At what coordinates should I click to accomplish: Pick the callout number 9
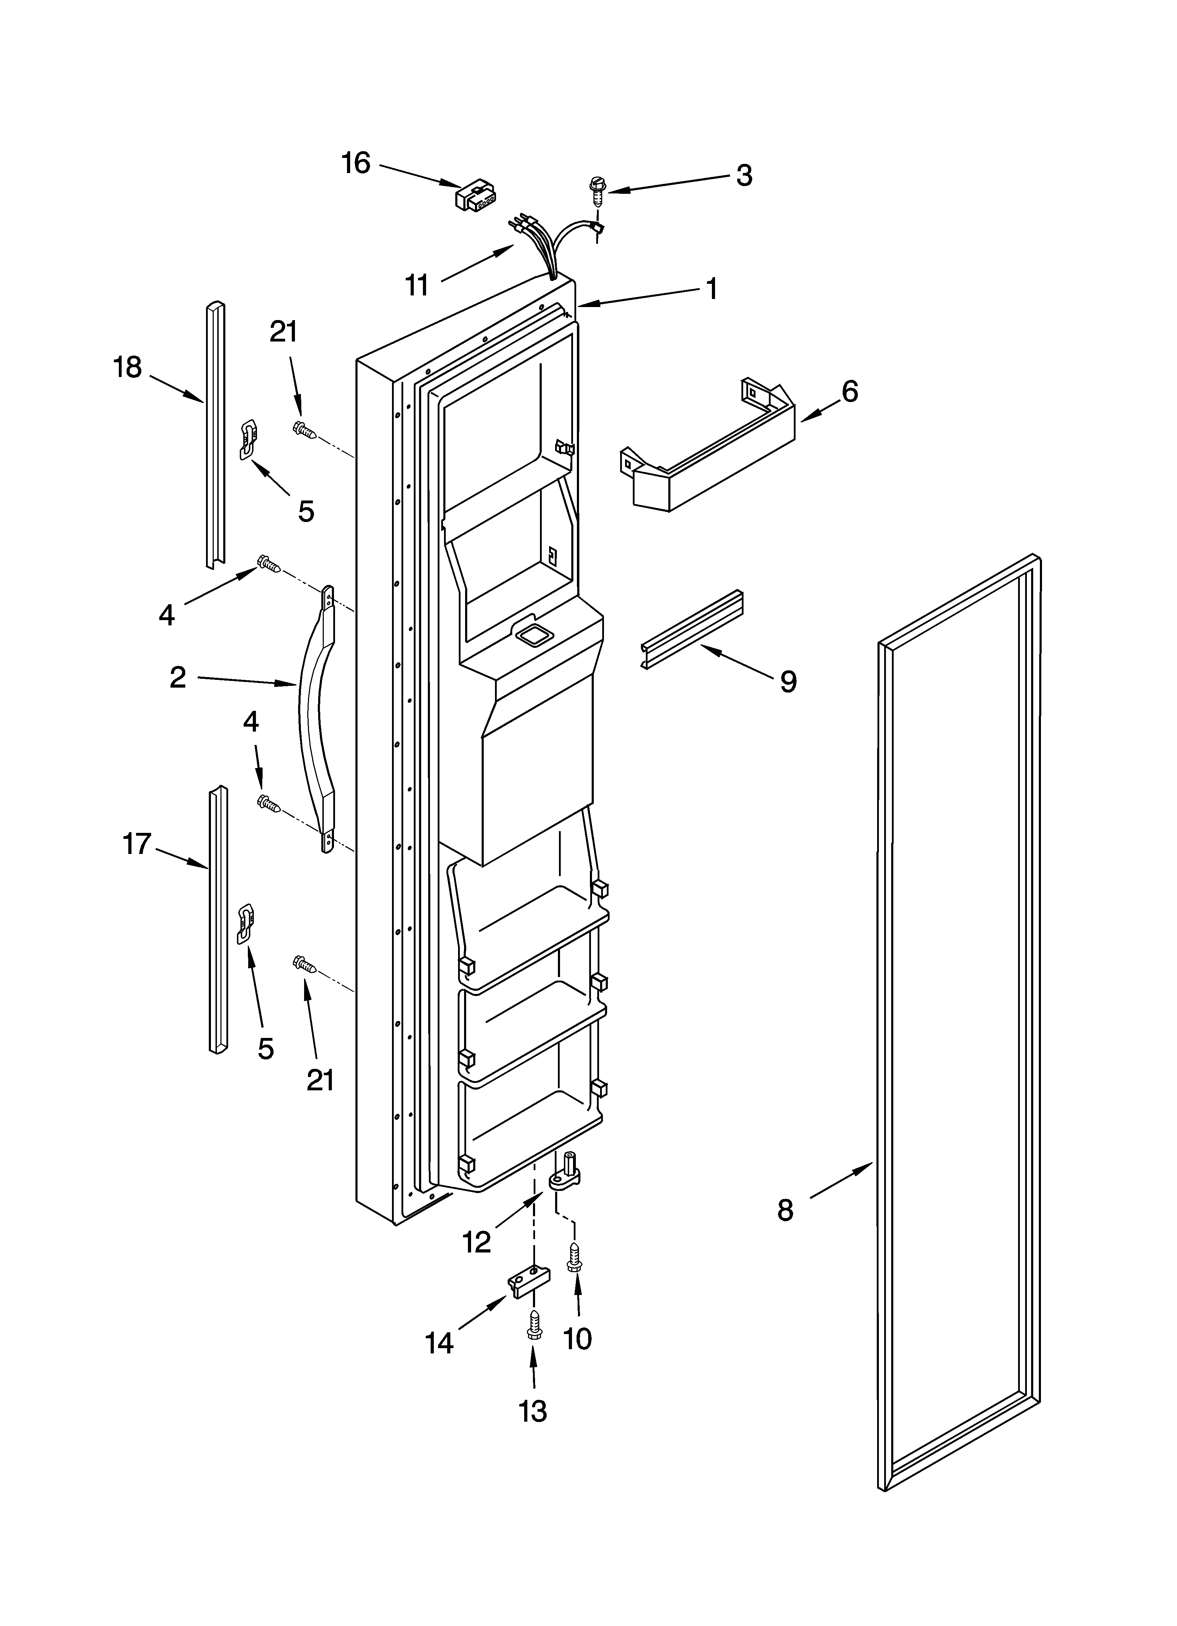click(788, 682)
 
